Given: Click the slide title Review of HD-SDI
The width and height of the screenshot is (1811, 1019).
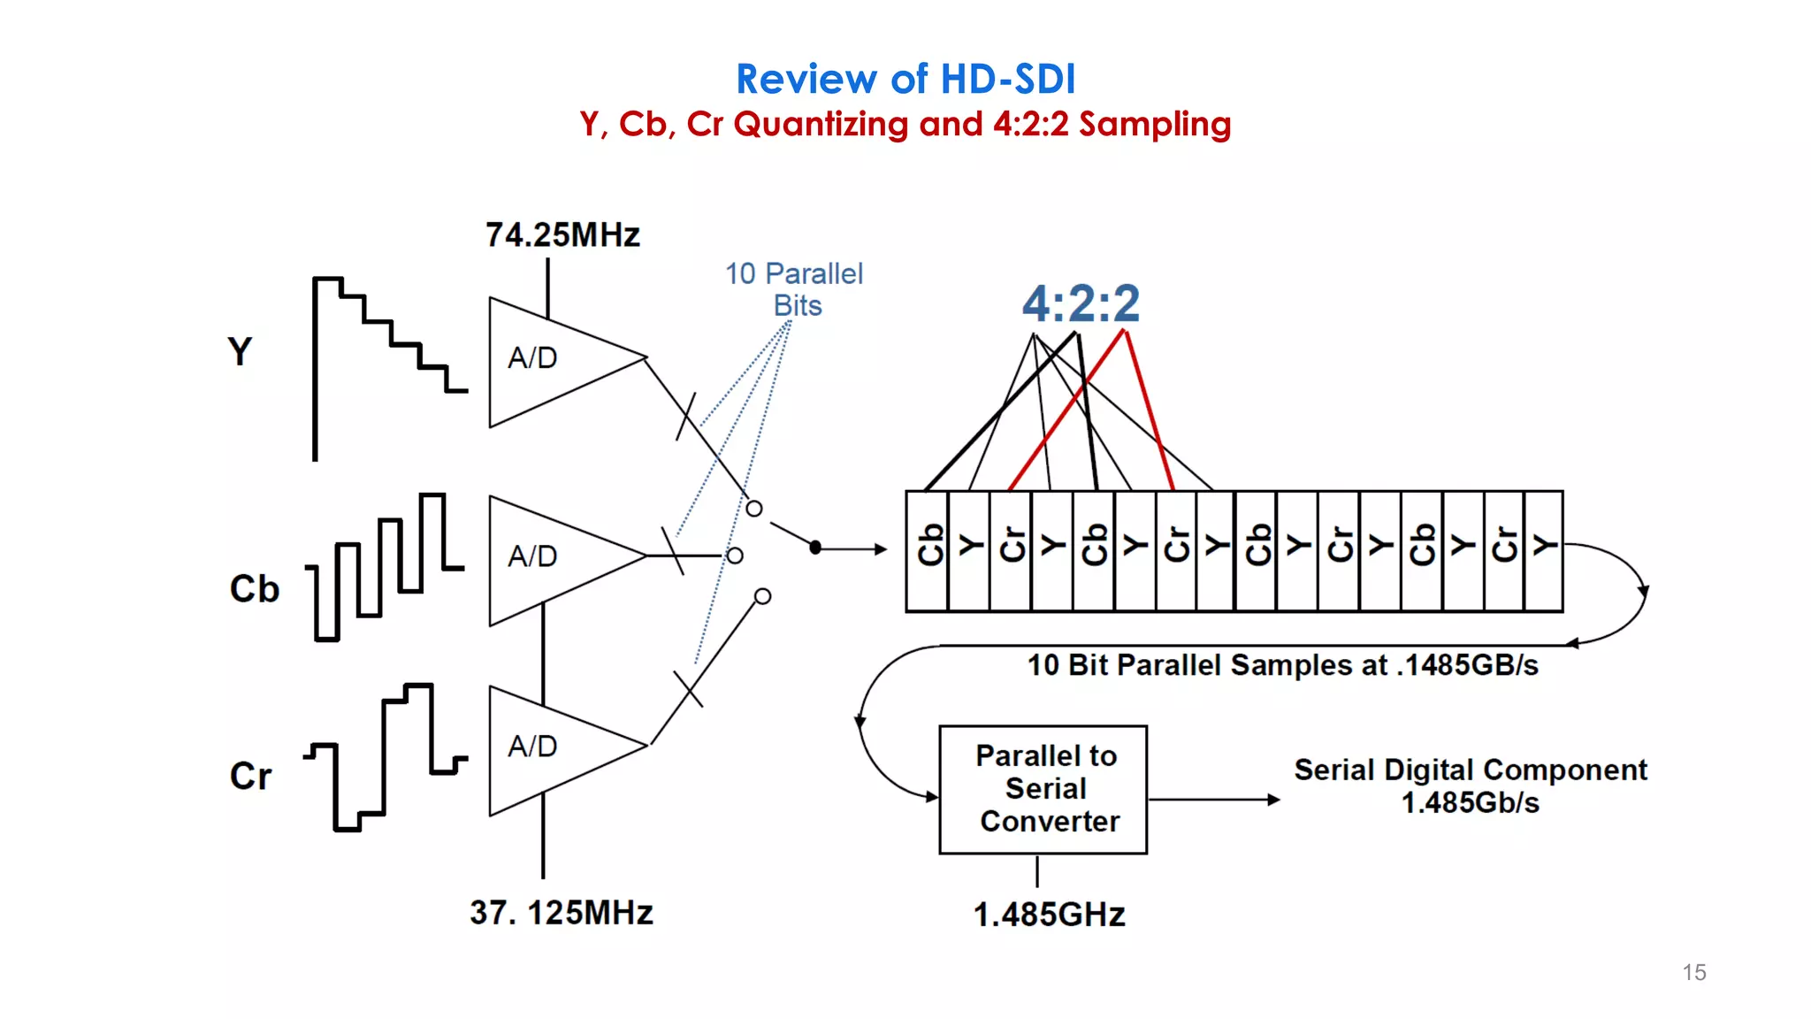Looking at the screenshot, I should (x=905, y=80).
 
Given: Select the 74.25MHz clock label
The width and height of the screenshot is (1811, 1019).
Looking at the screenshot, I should (x=562, y=235).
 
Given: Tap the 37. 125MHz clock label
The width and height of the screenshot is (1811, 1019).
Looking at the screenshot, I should (x=562, y=913).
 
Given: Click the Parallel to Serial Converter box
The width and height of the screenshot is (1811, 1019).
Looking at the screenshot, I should (x=1043, y=789).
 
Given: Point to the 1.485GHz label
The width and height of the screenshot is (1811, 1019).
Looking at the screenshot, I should (x=1049, y=915).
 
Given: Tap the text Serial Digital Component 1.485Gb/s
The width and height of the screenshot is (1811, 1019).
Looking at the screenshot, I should (x=1470, y=785).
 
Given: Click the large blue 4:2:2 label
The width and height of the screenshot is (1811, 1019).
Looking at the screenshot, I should (x=1081, y=303).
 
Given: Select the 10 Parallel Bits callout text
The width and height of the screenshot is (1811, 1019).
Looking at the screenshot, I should (x=794, y=289).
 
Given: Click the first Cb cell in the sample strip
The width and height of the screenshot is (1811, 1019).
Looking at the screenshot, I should (x=928, y=550).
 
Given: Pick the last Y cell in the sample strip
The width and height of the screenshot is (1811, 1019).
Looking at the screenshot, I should (x=1544, y=550).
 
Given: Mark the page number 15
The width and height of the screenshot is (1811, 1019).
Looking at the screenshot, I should (x=1693, y=972).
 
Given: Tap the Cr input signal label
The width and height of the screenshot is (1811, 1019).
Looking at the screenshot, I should (x=250, y=776).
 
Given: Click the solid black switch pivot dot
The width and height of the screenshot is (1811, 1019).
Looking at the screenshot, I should (x=815, y=548).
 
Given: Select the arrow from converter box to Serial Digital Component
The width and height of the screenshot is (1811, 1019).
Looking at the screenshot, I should (x=1213, y=800).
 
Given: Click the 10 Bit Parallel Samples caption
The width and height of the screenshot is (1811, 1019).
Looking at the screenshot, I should (x=1282, y=665).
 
